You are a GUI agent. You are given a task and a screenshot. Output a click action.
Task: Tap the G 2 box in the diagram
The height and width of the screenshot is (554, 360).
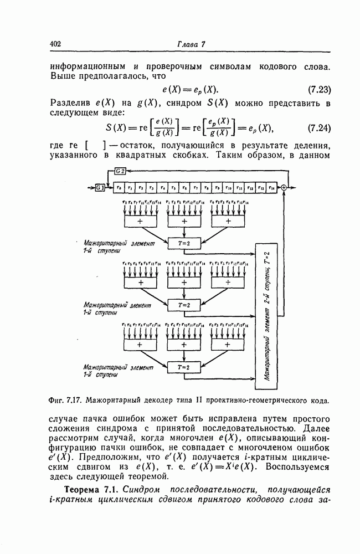(x=120, y=171)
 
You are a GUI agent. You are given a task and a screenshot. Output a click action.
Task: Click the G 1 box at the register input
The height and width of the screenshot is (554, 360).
(x=100, y=188)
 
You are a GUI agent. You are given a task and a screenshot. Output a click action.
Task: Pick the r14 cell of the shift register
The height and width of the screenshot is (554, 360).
(x=271, y=188)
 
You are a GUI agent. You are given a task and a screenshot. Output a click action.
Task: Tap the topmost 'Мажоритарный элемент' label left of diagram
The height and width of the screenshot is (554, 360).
(x=110, y=243)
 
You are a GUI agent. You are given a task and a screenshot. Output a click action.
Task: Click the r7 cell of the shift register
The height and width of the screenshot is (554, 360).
(x=196, y=188)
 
